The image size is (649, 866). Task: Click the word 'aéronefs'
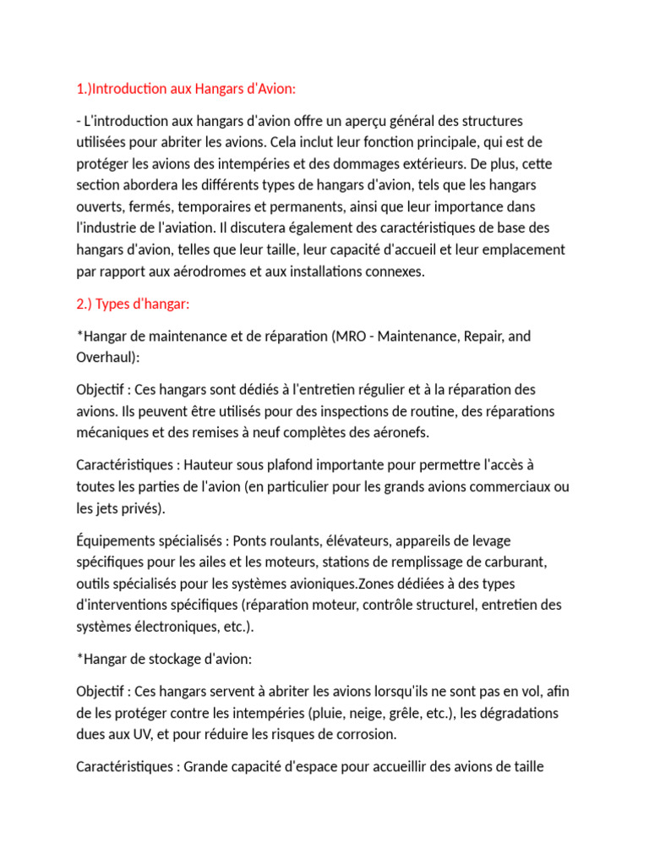tap(401, 433)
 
